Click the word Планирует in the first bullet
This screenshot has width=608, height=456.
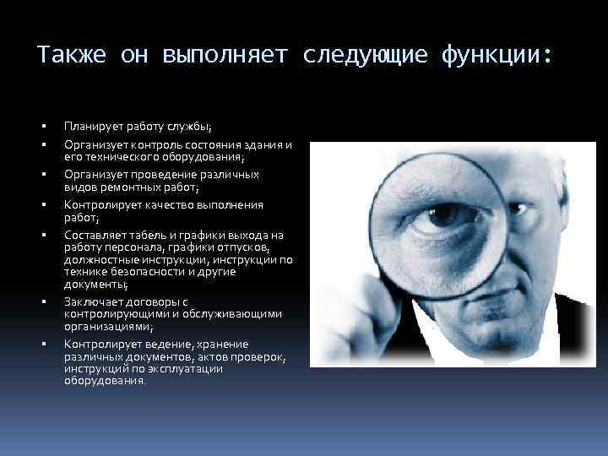tap(92, 127)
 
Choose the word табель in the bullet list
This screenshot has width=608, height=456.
tap(141, 235)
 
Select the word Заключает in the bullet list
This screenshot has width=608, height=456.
tap(92, 302)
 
